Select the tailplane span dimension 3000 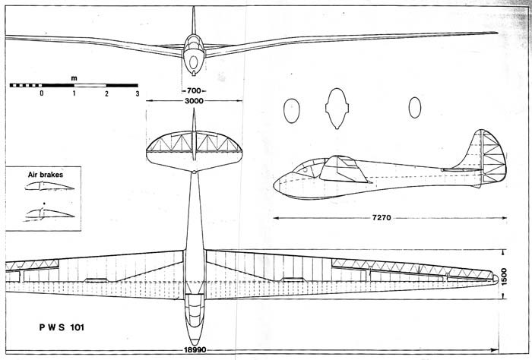(x=194, y=100)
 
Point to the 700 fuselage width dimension (x=194, y=90)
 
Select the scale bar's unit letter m (x=74, y=77)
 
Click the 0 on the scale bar (x=42, y=93)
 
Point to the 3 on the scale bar (x=138, y=93)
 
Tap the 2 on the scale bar (x=106, y=93)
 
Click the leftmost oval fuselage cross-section (x=291, y=111)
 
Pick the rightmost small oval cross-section (x=415, y=108)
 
